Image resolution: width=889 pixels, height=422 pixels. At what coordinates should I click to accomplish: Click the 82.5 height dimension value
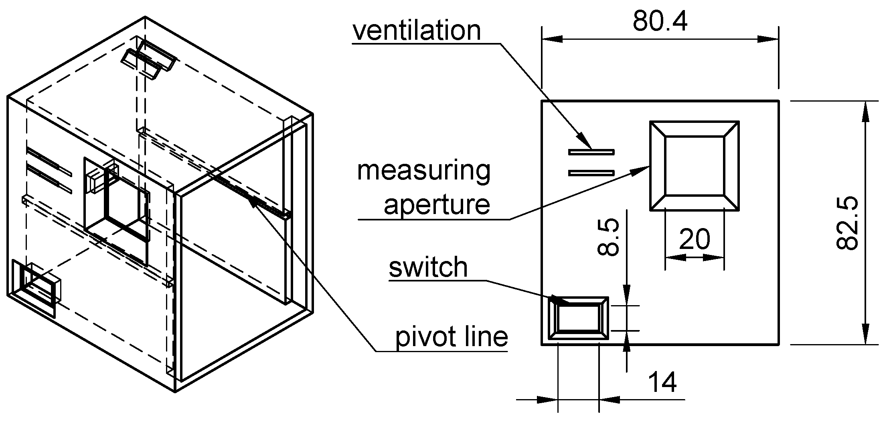847,222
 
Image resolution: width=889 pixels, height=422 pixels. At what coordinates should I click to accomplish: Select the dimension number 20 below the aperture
695,239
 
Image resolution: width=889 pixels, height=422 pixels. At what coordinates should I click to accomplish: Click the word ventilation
417,31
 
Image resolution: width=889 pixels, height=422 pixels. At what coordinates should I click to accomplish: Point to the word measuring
424,170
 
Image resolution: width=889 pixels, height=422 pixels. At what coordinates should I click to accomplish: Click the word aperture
437,205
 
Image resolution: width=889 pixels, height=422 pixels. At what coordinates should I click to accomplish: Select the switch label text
428,267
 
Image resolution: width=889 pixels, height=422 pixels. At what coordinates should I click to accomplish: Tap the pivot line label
452,336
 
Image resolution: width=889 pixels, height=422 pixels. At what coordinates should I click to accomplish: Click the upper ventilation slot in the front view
591,152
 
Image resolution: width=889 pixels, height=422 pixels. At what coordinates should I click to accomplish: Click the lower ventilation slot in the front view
591,173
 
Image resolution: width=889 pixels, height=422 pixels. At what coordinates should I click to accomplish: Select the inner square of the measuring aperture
695,166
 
